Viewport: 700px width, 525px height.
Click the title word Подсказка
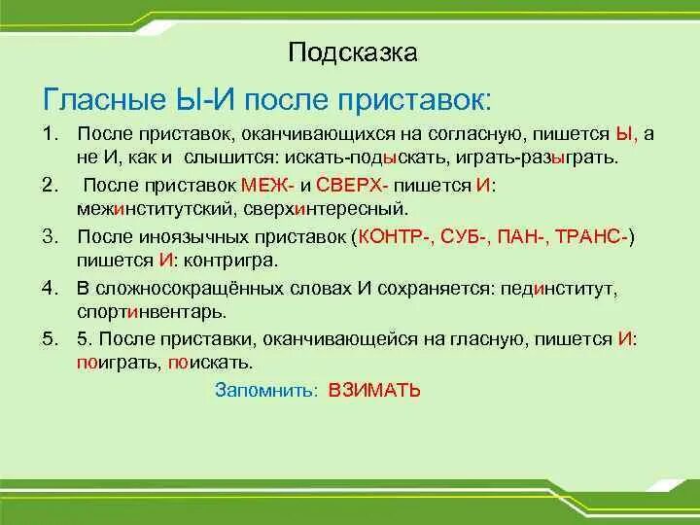click(352, 52)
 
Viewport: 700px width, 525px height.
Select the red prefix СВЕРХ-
click(354, 185)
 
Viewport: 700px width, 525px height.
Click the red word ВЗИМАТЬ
click(374, 390)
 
